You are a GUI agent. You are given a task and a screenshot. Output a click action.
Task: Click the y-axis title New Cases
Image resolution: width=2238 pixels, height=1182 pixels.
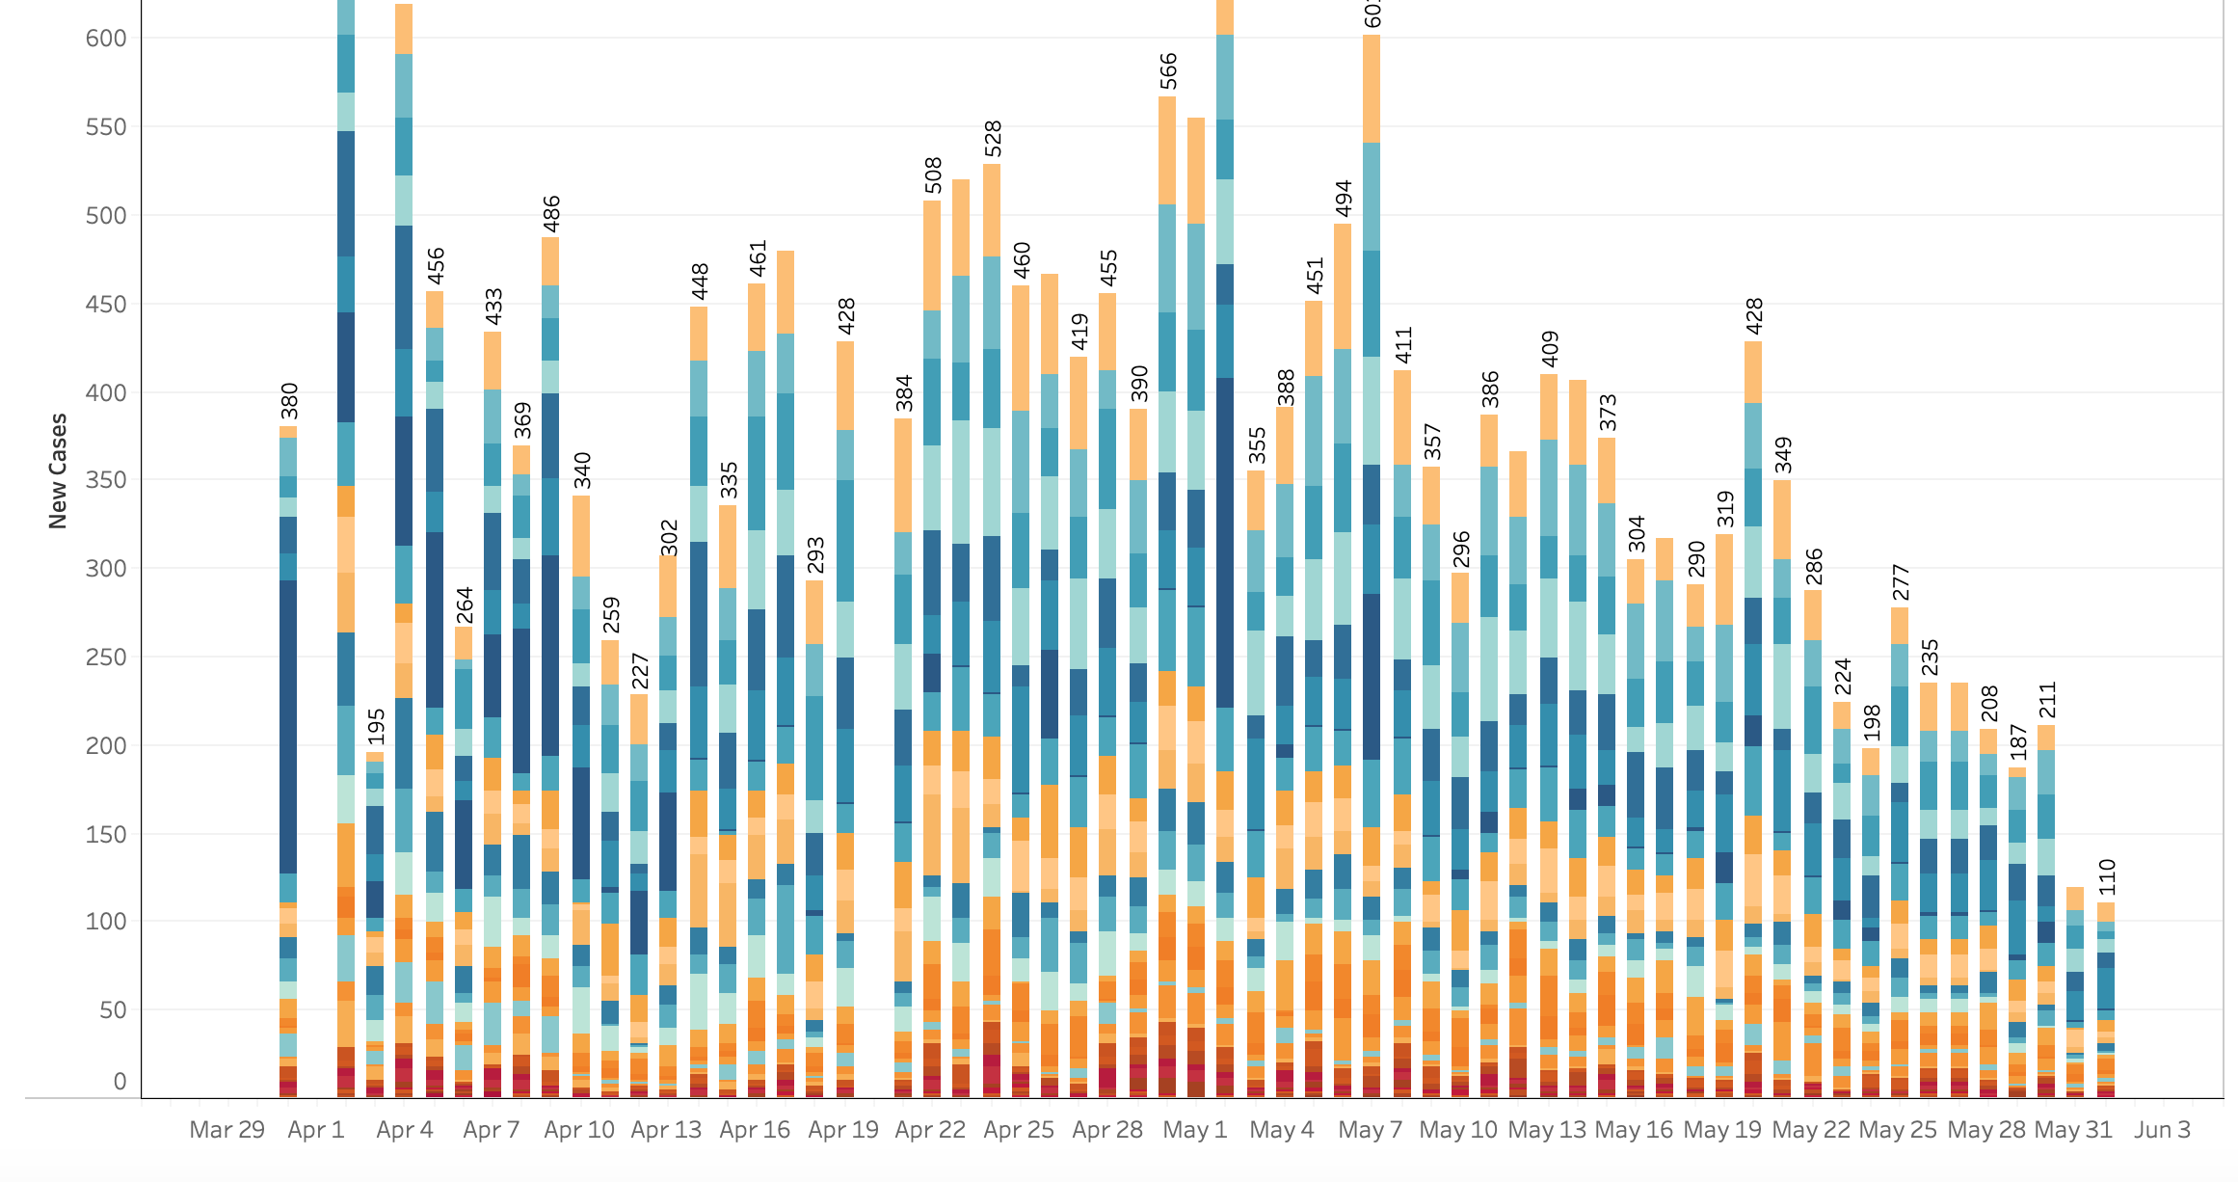(x=58, y=471)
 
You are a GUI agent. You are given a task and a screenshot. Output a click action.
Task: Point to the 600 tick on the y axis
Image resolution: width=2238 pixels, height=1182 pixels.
(x=106, y=39)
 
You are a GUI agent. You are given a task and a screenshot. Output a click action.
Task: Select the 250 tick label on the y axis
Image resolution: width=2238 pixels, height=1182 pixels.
(x=106, y=658)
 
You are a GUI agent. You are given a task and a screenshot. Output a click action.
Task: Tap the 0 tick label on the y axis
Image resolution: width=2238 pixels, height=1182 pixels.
(x=120, y=1082)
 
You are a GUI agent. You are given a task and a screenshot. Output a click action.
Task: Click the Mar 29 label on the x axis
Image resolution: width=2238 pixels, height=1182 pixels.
(x=226, y=1130)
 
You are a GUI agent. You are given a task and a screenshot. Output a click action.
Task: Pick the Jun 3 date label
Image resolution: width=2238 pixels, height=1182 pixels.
(x=2162, y=1130)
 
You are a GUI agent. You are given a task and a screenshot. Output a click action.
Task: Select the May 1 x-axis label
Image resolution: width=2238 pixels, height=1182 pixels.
(x=1195, y=1130)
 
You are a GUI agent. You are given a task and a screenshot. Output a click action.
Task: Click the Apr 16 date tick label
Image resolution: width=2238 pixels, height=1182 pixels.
(x=755, y=1130)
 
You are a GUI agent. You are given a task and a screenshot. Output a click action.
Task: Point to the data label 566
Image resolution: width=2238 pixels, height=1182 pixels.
(x=1167, y=71)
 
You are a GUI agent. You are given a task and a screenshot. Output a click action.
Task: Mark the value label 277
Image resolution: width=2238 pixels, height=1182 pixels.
(x=1901, y=582)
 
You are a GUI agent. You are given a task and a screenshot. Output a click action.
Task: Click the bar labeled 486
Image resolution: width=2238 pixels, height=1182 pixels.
(x=550, y=675)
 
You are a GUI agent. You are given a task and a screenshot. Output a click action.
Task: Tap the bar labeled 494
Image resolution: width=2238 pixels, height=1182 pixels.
(x=1343, y=675)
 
